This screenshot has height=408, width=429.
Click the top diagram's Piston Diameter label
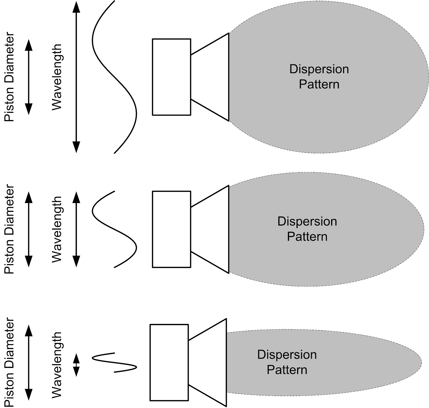[x=9, y=77]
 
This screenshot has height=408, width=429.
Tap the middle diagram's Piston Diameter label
[x=9, y=229]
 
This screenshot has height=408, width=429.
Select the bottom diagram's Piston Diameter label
[x=9, y=362]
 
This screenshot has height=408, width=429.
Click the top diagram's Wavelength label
[x=57, y=77]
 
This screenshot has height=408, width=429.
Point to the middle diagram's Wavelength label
[x=57, y=229]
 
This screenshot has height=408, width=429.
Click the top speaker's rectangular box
[x=172, y=77]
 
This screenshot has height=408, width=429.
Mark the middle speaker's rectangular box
[x=172, y=229]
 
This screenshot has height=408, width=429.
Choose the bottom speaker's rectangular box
[x=169, y=362]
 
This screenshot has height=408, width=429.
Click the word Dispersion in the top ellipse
[x=319, y=69]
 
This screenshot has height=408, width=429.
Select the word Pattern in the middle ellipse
[x=307, y=237]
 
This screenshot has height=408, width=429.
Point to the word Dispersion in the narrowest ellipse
[x=287, y=355]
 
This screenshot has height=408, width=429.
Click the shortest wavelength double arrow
[x=76, y=365]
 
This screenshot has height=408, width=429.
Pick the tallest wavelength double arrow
[x=76, y=77]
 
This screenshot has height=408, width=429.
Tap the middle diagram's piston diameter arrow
[x=28, y=229]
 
